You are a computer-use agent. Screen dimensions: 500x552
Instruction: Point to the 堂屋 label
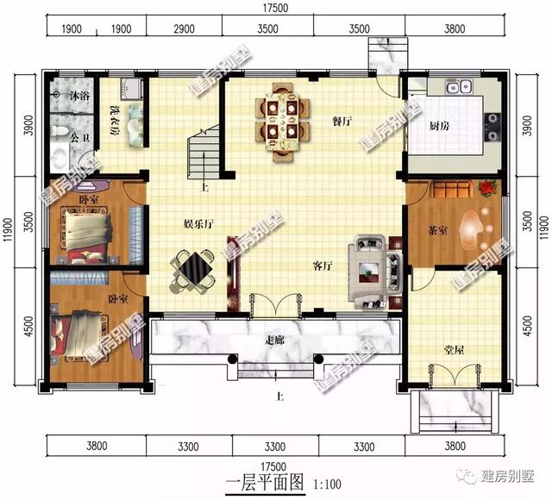pos(455,351)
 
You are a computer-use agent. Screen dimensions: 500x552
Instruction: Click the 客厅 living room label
pos(323,266)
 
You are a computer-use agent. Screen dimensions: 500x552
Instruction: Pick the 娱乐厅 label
pos(198,224)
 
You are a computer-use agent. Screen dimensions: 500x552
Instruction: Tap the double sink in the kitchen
pos(458,86)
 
